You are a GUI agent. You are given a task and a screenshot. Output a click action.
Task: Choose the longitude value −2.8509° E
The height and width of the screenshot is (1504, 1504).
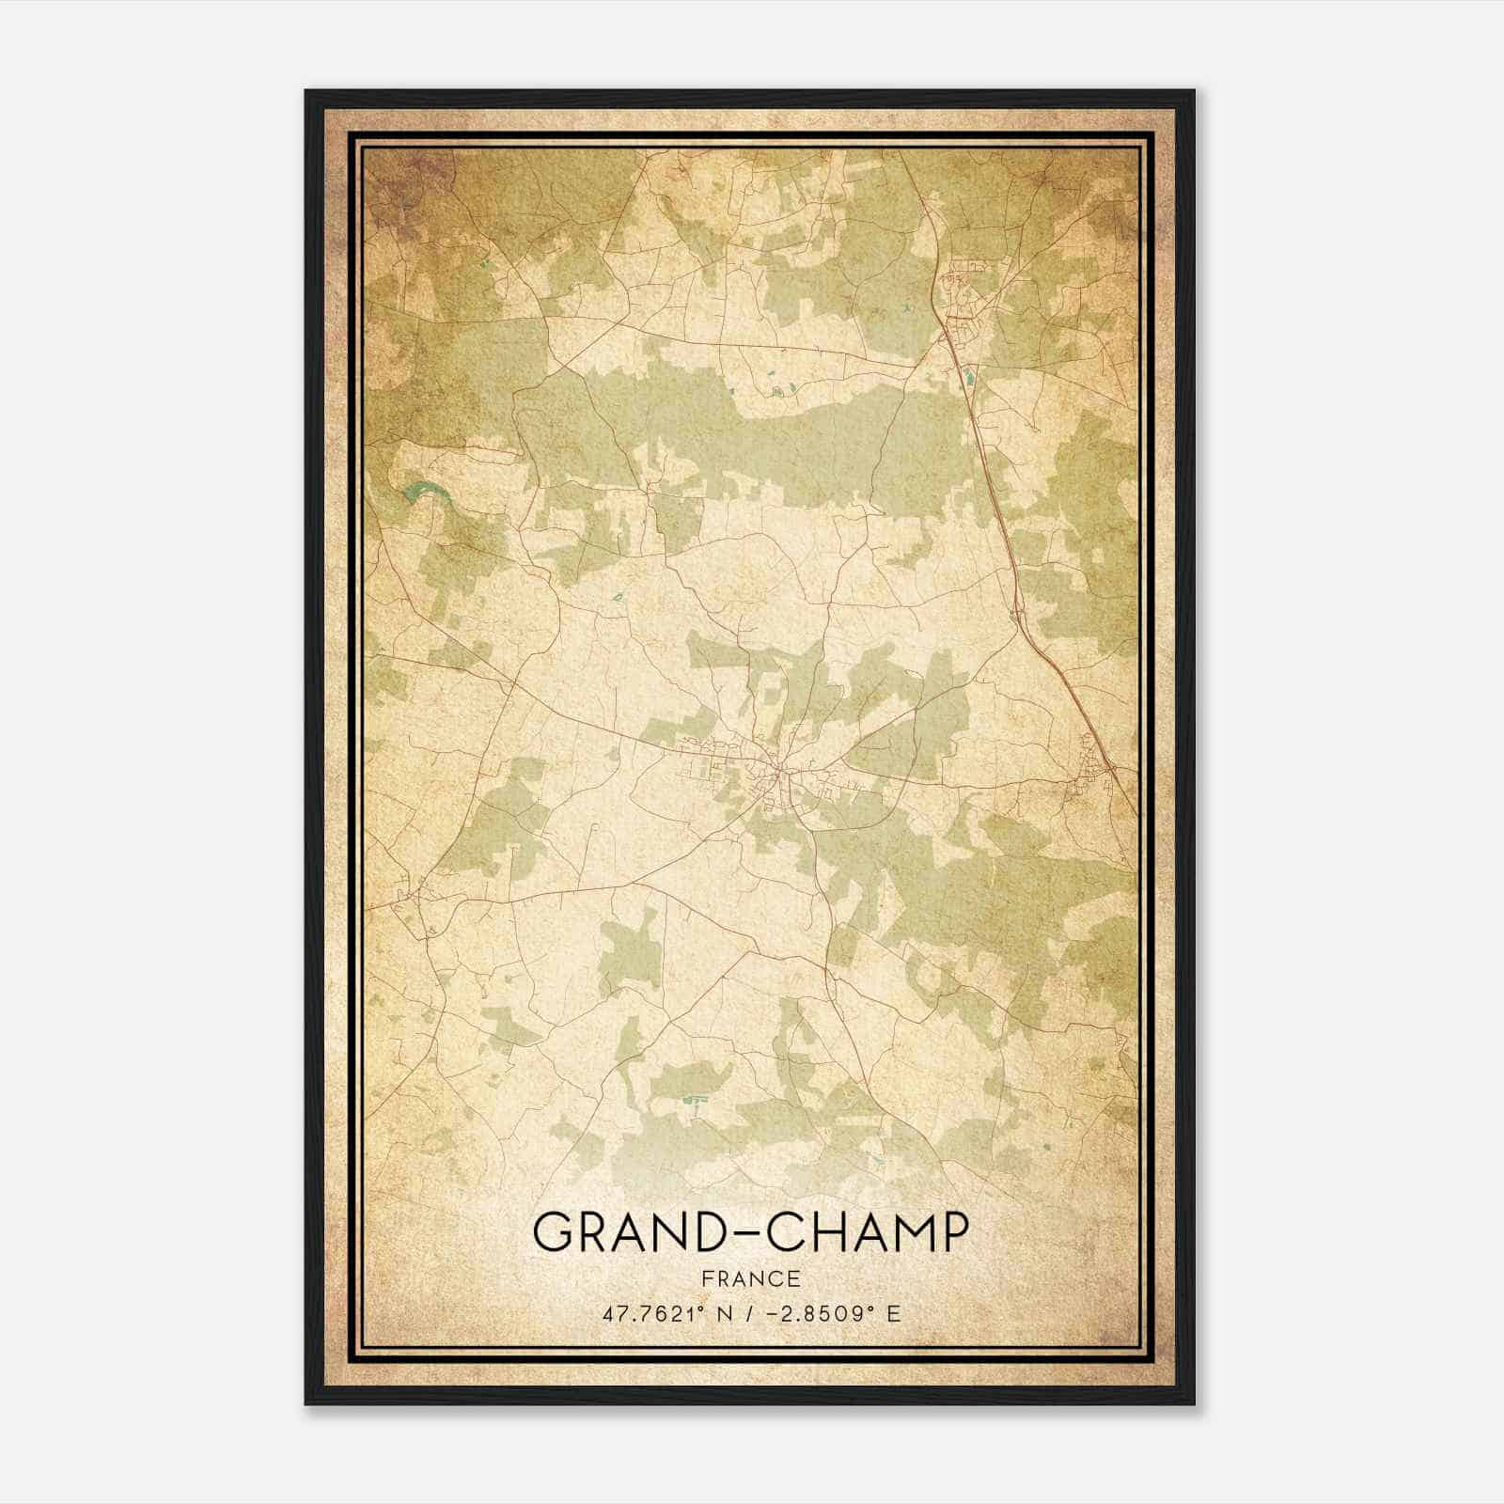coord(822,1313)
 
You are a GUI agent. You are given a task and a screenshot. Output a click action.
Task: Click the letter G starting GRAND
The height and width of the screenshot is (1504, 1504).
coord(554,1232)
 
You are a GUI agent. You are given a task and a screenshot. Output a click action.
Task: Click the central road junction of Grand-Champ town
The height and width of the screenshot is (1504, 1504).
coord(779,773)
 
